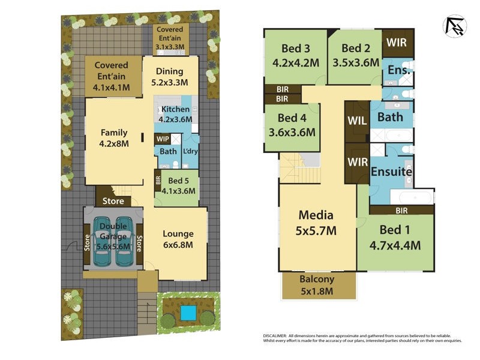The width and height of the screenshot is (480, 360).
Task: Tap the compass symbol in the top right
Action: (x=454, y=26)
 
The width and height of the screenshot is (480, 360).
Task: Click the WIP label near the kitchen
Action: (x=162, y=139)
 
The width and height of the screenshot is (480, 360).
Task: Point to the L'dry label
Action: (x=191, y=152)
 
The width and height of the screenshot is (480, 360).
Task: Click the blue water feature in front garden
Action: (x=188, y=313)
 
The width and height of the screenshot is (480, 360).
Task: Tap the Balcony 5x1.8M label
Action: (x=318, y=286)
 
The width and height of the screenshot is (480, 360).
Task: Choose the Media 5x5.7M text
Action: (x=317, y=223)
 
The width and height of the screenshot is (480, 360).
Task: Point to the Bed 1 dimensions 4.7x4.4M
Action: (x=394, y=245)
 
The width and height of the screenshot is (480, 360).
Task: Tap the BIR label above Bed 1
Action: (x=401, y=211)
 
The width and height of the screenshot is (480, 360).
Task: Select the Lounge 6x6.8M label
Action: (x=178, y=239)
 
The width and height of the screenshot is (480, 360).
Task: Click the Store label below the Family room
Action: (x=113, y=201)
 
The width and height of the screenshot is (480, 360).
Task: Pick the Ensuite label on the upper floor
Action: (x=391, y=172)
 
